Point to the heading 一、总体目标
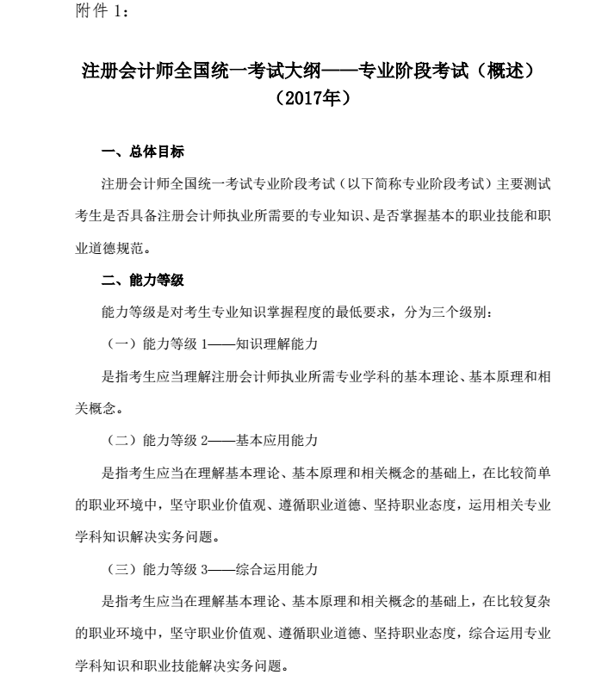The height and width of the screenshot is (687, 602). pyautogui.click(x=142, y=153)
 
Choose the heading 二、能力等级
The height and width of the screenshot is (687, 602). pyautogui.click(x=142, y=281)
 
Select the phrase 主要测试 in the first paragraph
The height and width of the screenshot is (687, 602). pyautogui.click(x=524, y=184)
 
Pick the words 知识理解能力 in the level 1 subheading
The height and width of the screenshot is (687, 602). pyautogui.click(x=278, y=343)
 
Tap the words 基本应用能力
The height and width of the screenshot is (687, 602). pyautogui.click(x=278, y=440)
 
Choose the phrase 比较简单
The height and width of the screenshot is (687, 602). pyautogui.click(x=524, y=472)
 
